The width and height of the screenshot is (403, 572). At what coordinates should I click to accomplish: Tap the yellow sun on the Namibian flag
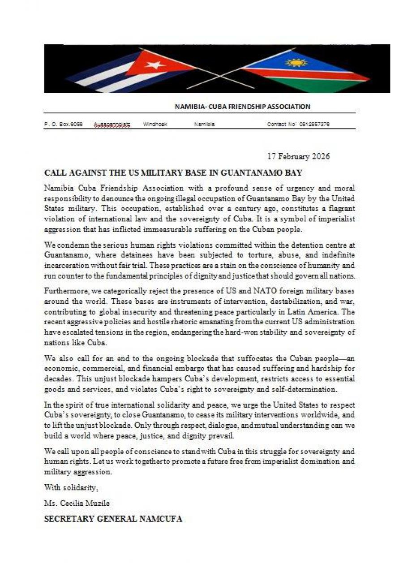tap(296, 62)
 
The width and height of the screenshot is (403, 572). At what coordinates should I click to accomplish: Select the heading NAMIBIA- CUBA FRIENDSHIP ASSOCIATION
tap(242, 107)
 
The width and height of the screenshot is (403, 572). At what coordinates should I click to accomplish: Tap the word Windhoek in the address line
tap(155, 124)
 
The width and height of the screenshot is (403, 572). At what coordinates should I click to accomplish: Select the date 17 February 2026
tap(298, 156)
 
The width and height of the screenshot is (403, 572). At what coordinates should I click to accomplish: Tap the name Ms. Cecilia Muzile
tap(77, 503)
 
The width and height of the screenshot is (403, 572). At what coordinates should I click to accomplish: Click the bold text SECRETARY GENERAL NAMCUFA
tap(113, 519)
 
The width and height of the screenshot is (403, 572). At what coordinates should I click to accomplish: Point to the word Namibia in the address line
tap(204, 124)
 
